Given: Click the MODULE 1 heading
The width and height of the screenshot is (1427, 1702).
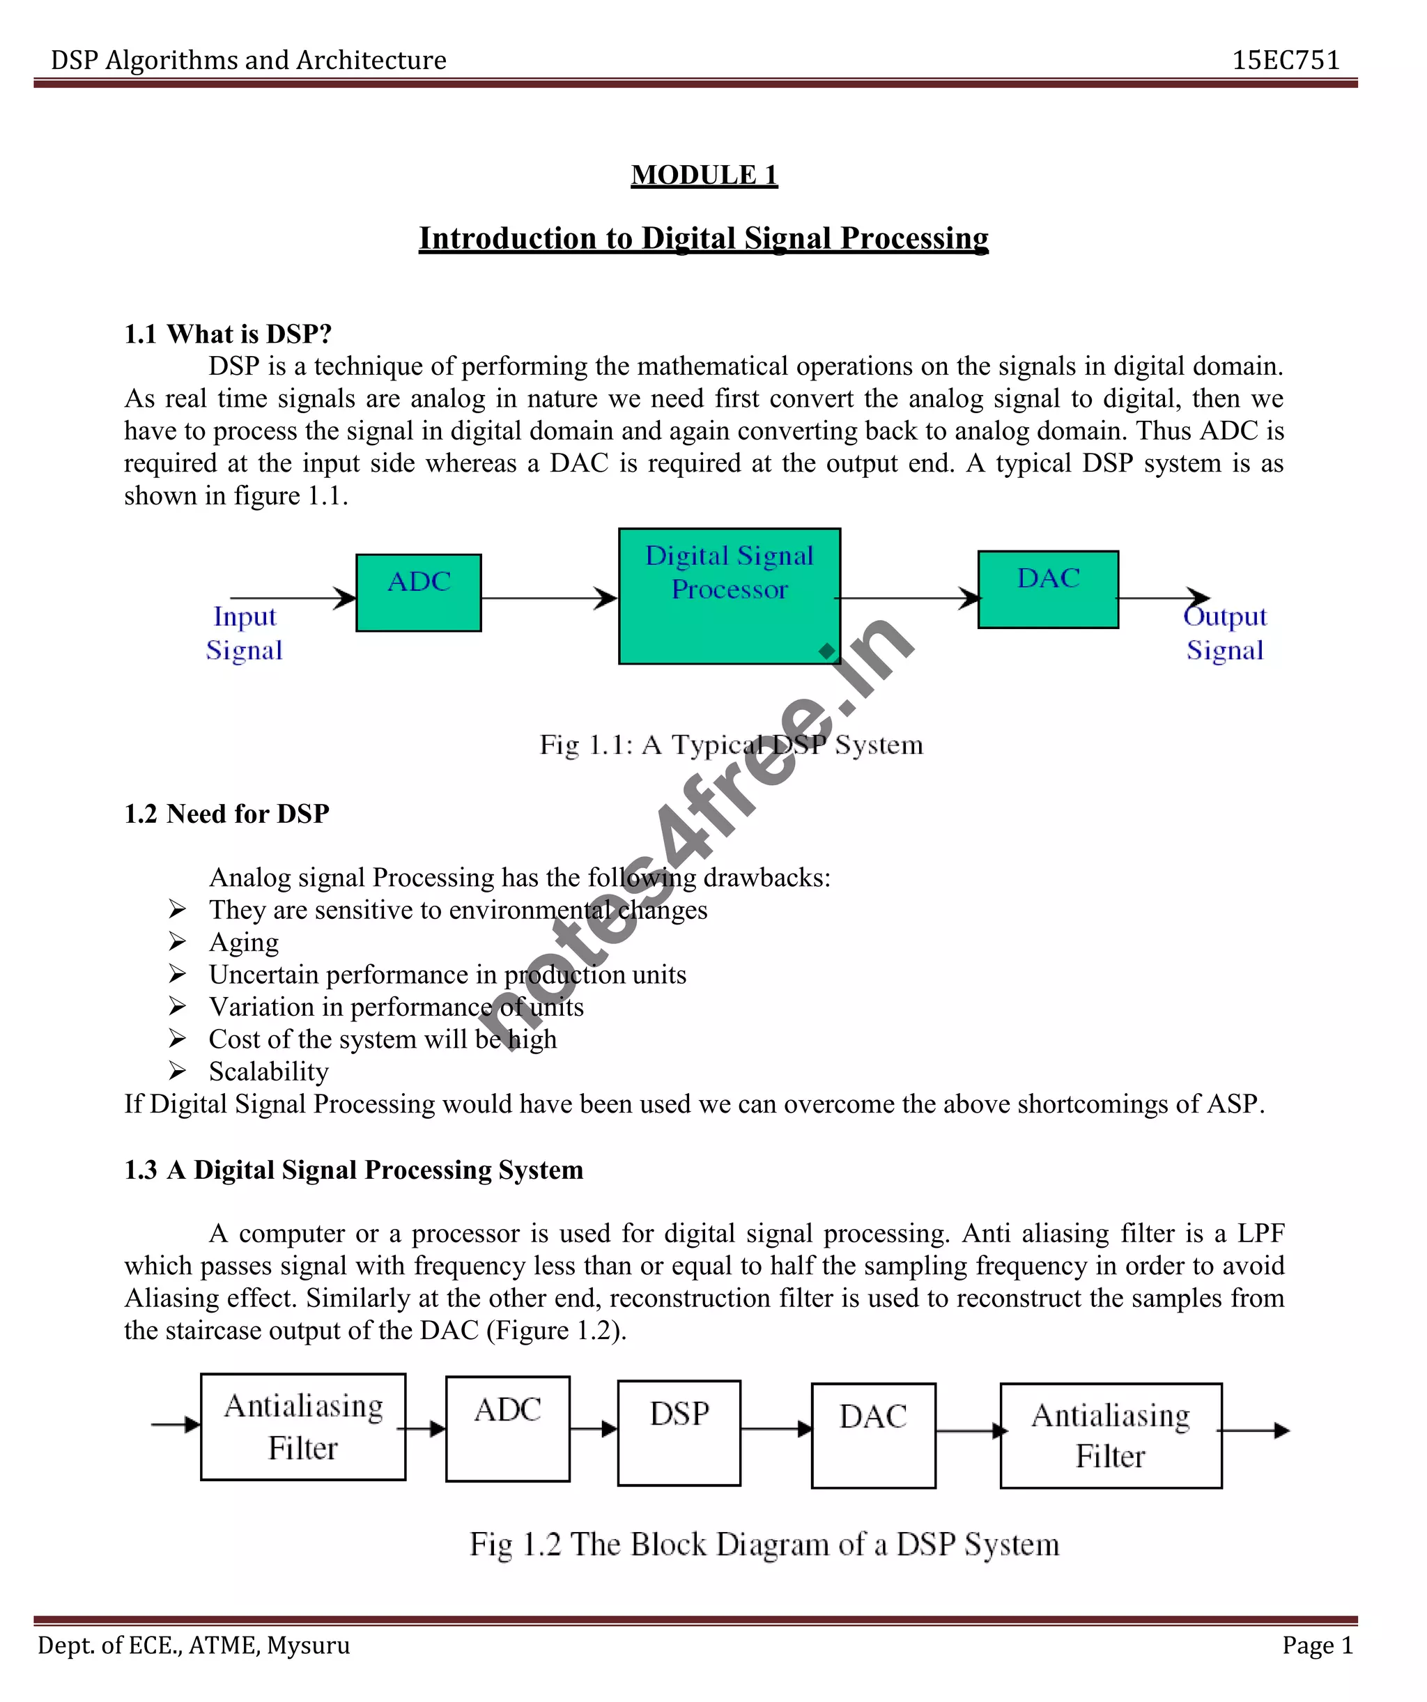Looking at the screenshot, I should tap(704, 175).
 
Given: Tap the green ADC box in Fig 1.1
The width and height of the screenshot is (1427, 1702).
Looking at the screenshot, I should tap(418, 592).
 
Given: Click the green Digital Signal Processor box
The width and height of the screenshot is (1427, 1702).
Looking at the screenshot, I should tap(729, 596).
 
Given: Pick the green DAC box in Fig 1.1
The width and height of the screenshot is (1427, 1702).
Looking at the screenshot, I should tap(1047, 589).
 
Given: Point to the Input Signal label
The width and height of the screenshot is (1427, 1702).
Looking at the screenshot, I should tap(244, 633).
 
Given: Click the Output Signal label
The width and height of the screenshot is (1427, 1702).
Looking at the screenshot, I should tap(1224, 633).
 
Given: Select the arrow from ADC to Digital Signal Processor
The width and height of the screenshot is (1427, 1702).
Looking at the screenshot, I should tap(549, 599).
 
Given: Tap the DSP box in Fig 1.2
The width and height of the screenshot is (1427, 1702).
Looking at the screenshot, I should tap(679, 1433).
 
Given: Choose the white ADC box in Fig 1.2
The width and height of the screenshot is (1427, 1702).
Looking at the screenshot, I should tap(507, 1429).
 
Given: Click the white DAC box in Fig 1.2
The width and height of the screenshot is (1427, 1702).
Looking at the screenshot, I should tap(873, 1435).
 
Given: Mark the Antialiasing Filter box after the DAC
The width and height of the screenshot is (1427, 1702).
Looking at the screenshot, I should tap(1111, 1435).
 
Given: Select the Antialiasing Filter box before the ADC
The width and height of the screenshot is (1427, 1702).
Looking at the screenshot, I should tap(302, 1426).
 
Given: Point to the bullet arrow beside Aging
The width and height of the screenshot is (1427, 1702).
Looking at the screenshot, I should tap(178, 942).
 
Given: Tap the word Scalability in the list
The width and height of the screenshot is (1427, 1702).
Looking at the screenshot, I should tap(268, 1072).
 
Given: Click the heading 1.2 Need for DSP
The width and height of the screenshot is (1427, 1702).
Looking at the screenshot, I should tap(226, 814).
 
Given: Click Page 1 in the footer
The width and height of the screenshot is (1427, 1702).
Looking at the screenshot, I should tap(1318, 1646).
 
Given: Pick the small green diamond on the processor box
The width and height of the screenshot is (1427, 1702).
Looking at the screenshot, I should tap(826, 651).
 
